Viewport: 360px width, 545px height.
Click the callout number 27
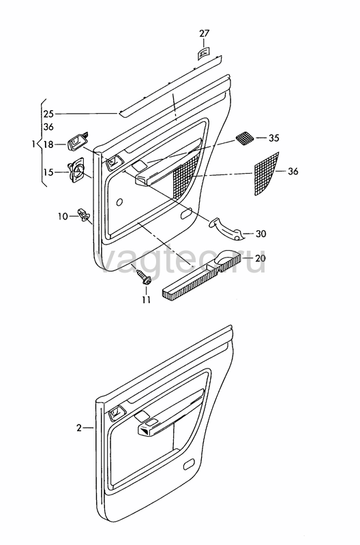coord(205,33)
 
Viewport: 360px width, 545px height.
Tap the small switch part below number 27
coord(203,54)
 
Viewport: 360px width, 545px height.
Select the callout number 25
coord(48,114)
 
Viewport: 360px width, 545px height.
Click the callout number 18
coord(48,144)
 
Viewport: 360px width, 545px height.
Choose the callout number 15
coord(48,172)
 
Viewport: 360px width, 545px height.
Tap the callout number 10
coord(63,217)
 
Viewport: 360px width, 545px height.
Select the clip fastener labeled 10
coord(84,214)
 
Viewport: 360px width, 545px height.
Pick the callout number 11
coord(146,300)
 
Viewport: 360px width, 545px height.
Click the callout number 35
coord(273,138)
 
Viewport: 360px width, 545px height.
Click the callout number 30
coord(261,234)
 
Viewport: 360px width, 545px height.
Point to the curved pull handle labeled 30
coord(226,230)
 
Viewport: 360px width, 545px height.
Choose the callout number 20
coord(260,258)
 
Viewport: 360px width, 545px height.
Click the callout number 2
coord(79,428)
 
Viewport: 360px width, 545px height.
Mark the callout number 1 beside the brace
coord(33,144)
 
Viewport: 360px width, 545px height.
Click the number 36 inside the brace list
coord(48,127)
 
